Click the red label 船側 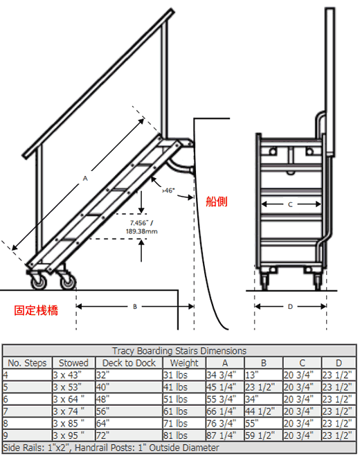(x=216, y=201)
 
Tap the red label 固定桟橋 (x=36, y=310)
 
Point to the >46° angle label (x=168, y=190)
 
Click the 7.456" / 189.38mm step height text (x=142, y=227)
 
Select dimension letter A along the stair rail (x=85, y=178)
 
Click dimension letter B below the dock (x=135, y=307)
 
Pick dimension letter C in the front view (x=290, y=204)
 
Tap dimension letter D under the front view (x=290, y=307)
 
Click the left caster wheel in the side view (x=39, y=281)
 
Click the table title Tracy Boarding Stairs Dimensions (x=179, y=350)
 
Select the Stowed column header (x=73, y=363)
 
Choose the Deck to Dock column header (x=129, y=363)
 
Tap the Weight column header (x=184, y=363)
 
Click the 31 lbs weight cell (x=175, y=375)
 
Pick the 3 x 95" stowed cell (x=69, y=436)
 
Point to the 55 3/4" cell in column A (x=222, y=400)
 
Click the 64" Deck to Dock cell (x=103, y=424)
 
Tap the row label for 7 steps (x=6, y=411)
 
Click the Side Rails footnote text (x=111, y=448)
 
